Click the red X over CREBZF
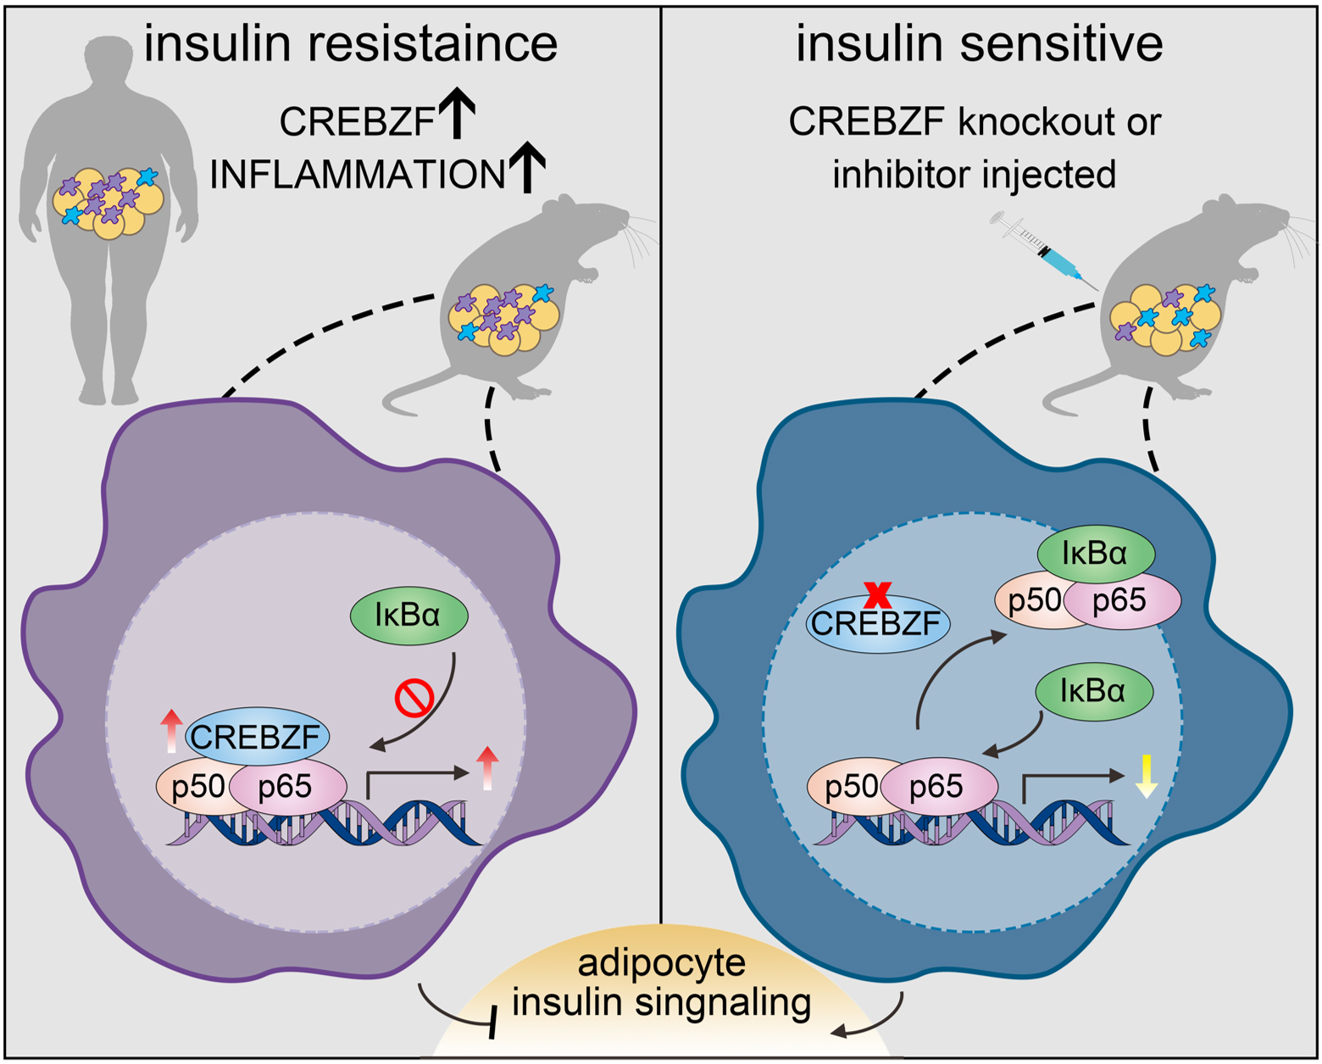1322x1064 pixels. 877,594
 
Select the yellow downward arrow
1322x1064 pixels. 1146,775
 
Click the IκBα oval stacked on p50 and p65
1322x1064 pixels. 1095,554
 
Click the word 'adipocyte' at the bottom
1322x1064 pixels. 661,962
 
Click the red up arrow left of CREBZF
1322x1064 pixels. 171,731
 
